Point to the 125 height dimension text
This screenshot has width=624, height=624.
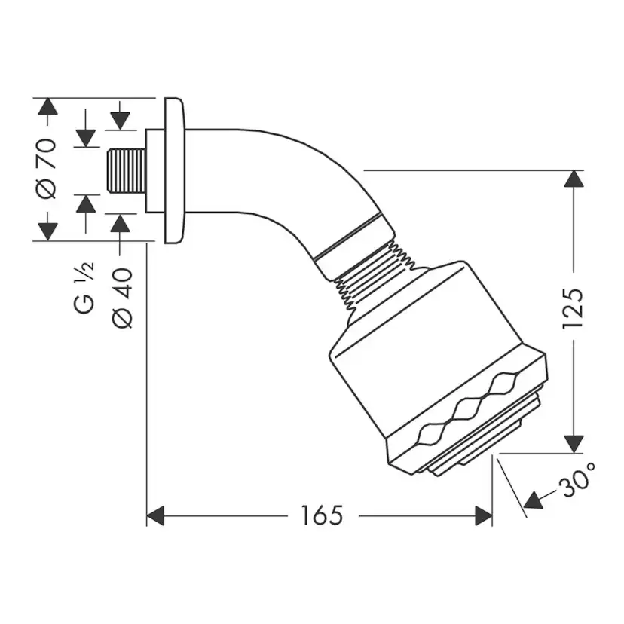click(x=574, y=307)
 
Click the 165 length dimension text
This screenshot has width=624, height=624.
click(x=322, y=515)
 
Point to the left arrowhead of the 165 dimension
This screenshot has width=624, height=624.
click(x=155, y=516)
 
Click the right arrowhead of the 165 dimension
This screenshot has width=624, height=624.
click(x=483, y=516)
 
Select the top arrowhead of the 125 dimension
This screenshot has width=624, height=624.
click(x=574, y=180)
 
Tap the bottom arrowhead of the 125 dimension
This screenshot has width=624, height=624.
click(x=574, y=444)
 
